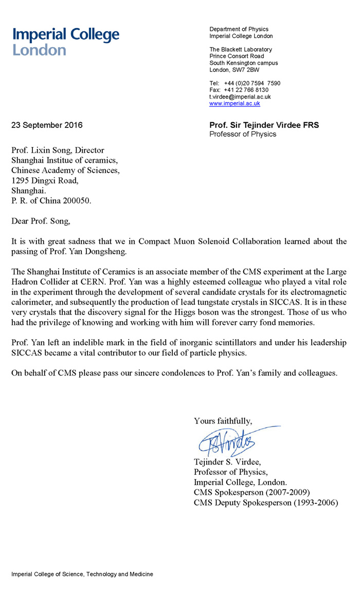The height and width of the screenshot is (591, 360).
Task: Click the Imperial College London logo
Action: pos(66,42)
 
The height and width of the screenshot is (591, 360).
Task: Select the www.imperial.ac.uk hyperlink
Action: pos(235,103)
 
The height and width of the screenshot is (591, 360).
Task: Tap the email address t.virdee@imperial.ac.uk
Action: pos(240,97)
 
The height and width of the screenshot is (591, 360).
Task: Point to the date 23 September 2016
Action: pos(47,125)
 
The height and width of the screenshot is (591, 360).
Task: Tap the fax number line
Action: pos(239,90)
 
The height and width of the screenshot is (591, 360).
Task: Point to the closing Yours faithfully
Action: pos(223,421)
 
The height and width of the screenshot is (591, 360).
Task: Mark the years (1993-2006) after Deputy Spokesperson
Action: pos(313,503)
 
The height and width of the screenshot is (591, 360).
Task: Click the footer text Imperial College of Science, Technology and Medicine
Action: pos(82,574)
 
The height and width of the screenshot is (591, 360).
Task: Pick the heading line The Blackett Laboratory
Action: pos(241,50)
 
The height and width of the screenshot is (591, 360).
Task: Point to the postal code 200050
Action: pos(77,201)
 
